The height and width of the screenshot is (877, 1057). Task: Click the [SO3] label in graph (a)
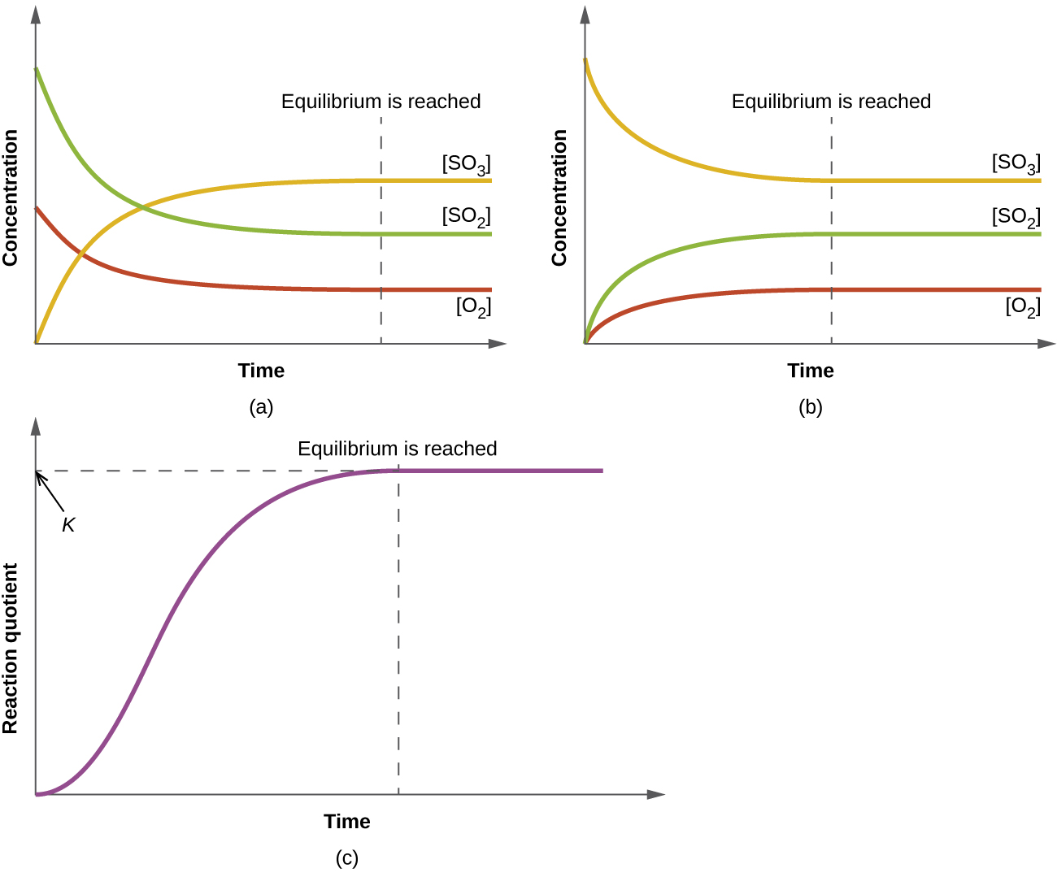[467, 163]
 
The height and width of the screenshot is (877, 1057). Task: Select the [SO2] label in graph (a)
[467, 216]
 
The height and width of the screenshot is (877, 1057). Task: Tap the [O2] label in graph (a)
[473, 306]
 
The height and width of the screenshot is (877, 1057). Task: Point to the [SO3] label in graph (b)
[1016, 163]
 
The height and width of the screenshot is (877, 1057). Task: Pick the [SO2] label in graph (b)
[1016, 216]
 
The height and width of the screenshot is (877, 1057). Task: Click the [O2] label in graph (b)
[1023, 306]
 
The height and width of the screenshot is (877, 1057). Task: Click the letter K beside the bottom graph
[68, 526]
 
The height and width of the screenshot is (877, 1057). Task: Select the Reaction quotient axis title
[11, 648]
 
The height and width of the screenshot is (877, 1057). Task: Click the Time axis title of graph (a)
[261, 371]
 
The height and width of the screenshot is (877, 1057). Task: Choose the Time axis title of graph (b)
[811, 371]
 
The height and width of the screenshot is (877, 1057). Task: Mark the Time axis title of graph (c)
[347, 822]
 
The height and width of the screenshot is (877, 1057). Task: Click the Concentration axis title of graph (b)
[559, 198]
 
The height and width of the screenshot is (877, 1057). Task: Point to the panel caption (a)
[261, 407]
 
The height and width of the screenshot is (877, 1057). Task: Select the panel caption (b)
[811, 407]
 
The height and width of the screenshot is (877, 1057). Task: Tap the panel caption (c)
[347, 858]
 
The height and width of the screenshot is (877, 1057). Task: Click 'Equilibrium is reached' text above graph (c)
[397, 449]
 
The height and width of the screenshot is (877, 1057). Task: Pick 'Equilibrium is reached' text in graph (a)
[381, 102]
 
